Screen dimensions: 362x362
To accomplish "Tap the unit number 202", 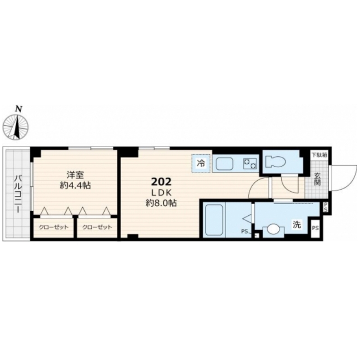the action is tap(161, 182).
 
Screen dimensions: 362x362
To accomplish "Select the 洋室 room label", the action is tap(75, 175).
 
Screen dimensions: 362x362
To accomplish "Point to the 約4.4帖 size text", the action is tap(75, 185).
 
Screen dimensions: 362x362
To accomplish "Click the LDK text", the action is tap(161, 193).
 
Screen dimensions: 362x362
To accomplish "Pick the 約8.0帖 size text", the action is tap(161, 203).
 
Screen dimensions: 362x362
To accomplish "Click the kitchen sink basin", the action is tap(224, 164).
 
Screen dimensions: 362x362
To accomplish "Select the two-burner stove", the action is tap(250, 164).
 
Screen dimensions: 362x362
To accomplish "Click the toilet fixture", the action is tap(275, 161).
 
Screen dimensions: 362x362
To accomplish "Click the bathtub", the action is tap(214, 220).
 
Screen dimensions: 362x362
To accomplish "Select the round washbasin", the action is tap(273, 230).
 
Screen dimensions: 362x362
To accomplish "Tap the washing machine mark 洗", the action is tap(297, 225).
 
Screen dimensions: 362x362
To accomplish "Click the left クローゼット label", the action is tap(54, 227).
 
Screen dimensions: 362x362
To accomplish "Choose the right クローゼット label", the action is tap(97, 227).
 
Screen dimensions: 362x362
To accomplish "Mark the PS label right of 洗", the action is tap(315, 228).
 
